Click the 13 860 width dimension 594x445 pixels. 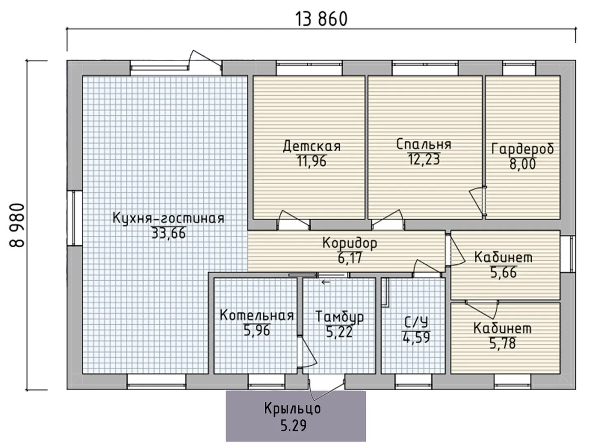pos(321,19)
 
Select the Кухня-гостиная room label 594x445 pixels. pos(168,218)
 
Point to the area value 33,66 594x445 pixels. pos(169,233)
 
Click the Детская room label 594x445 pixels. pos(312,146)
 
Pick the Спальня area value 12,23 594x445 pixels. pos(424,159)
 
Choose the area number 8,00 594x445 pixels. pos(523,164)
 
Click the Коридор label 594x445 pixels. pos(350,243)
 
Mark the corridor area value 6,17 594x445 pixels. pos(350,258)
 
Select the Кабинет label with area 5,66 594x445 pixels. pos(503,257)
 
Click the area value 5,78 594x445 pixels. pos(502,343)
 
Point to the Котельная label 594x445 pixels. pos(257,315)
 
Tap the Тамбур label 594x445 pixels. pos(339,317)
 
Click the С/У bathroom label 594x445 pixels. pos(416,322)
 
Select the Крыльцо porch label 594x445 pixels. pos(292,409)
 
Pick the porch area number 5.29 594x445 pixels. pos(293,426)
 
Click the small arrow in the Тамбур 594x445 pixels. pos(325,282)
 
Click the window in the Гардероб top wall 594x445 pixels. pos(519,64)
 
